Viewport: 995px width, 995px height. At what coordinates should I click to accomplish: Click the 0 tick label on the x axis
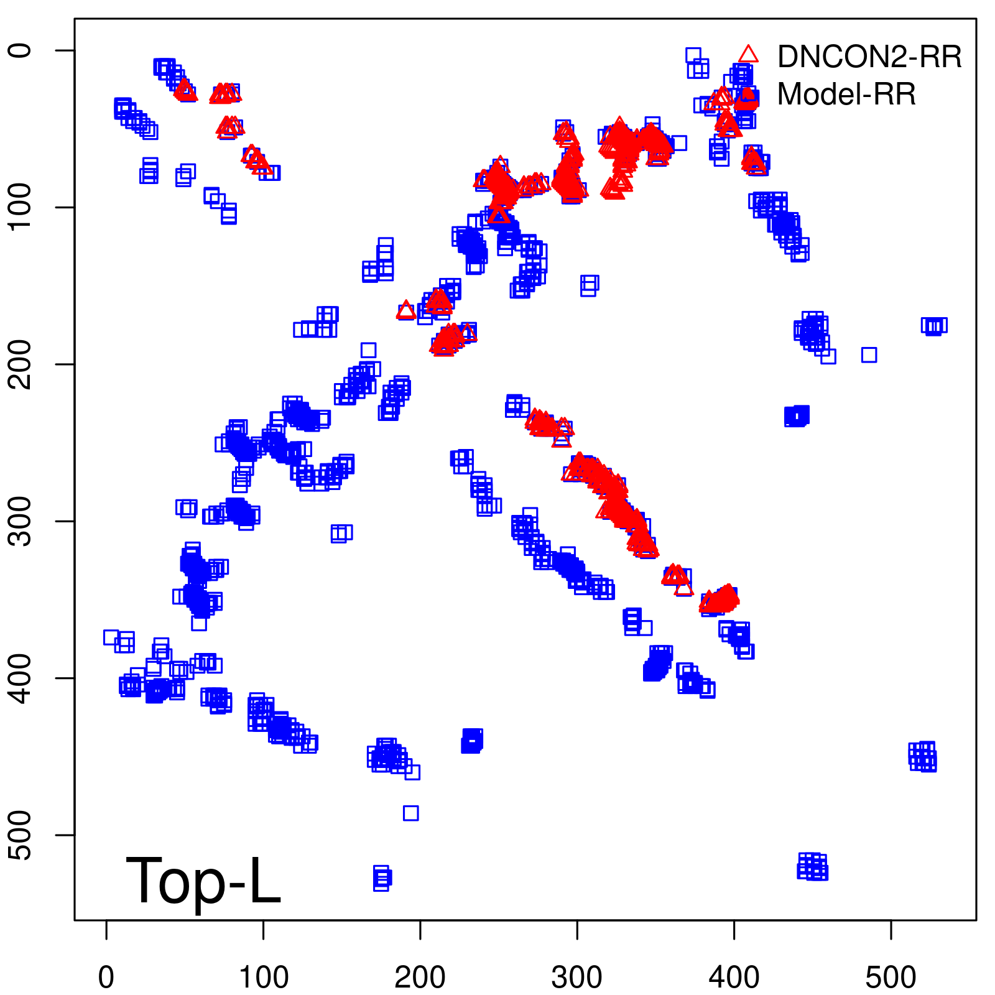point(106,978)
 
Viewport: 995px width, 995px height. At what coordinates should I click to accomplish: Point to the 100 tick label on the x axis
point(264,978)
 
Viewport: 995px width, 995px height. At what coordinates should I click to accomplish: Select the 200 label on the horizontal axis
point(420,978)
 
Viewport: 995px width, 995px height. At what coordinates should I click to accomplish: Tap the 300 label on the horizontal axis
point(577,978)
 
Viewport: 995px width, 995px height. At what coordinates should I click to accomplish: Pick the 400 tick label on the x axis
point(734,978)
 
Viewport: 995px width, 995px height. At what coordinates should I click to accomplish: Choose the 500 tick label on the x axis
point(891,978)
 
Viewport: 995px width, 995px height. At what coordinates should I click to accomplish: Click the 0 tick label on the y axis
point(21,50)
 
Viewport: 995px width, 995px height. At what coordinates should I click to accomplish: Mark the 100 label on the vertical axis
point(21,207)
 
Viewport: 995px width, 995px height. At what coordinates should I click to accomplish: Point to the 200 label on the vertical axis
point(21,364)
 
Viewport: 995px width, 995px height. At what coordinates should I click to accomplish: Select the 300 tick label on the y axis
point(21,521)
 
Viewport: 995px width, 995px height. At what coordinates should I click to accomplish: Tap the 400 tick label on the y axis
point(21,678)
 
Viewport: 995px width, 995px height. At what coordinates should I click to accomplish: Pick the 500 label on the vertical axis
point(21,835)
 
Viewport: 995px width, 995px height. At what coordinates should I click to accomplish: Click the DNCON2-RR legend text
point(869,57)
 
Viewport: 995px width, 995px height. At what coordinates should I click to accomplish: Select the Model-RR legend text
point(846,95)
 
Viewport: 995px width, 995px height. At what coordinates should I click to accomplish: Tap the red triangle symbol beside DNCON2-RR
point(749,55)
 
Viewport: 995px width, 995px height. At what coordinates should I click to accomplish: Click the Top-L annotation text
point(203,881)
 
